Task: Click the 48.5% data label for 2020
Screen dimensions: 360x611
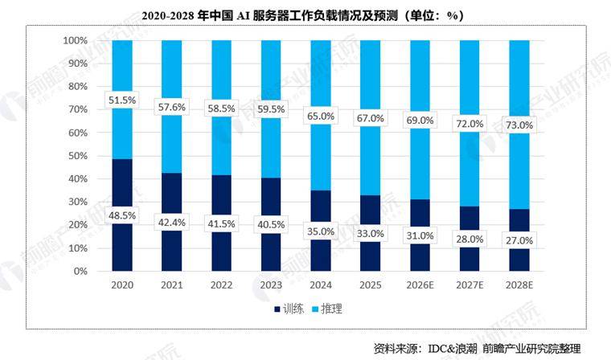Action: (122, 215)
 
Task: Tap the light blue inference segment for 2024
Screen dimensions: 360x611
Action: (320, 80)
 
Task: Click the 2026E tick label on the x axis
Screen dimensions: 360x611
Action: (420, 285)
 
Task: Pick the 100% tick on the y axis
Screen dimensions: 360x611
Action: (75, 40)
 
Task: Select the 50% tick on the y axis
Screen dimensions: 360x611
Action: (77, 156)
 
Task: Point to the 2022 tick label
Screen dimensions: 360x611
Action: (221, 285)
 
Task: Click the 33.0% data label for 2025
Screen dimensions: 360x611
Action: (370, 233)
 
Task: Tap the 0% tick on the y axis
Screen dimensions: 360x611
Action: (80, 272)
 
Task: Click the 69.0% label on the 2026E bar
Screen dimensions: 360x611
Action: (420, 120)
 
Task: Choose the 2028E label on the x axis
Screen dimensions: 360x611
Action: (519, 285)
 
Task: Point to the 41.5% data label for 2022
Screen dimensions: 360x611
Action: (221, 222)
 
